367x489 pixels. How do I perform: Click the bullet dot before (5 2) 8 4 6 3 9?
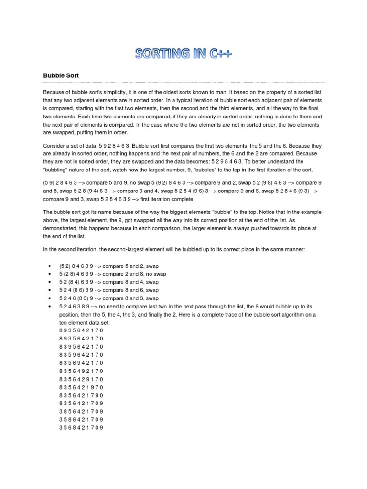(x=50, y=266)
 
